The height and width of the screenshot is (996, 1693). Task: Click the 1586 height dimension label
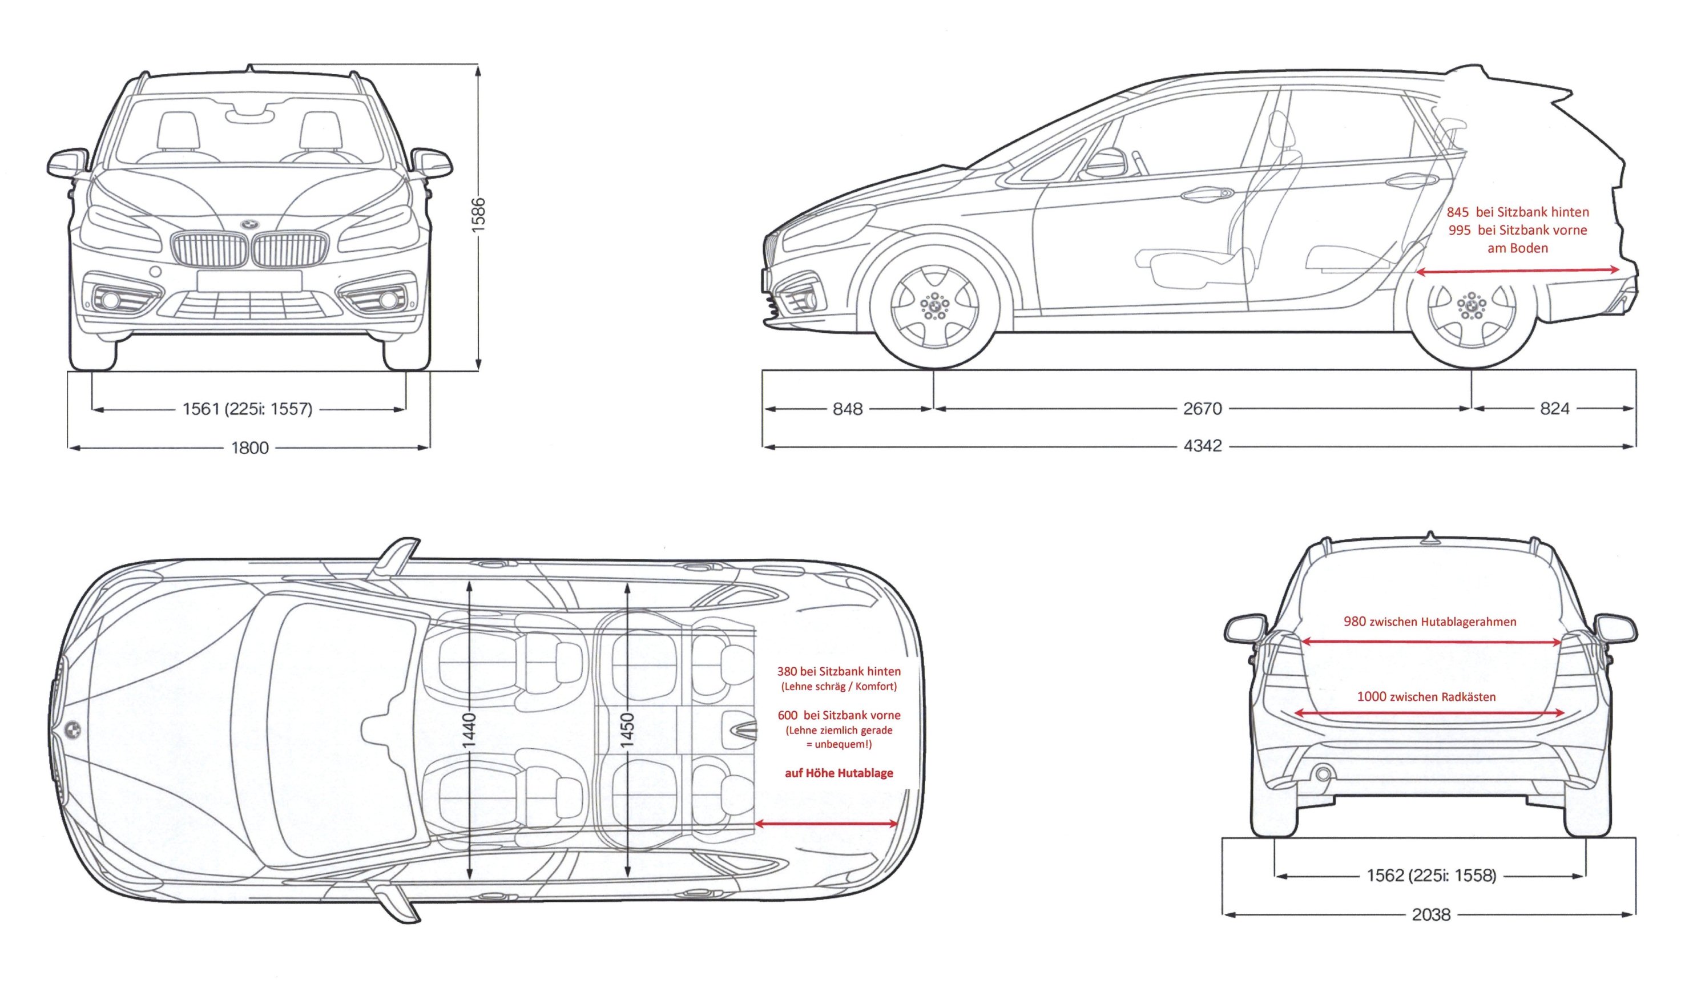[478, 215]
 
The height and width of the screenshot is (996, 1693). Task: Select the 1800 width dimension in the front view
[250, 448]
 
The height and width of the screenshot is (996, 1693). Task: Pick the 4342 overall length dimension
[1202, 446]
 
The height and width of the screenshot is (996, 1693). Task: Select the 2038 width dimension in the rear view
[1431, 915]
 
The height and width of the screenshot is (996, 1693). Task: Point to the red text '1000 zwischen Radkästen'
[1426, 697]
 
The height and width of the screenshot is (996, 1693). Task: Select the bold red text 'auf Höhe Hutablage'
[839, 773]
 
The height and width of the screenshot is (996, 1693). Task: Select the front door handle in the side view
[1207, 193]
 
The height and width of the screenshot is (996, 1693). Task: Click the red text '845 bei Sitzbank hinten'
[1518, 212]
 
